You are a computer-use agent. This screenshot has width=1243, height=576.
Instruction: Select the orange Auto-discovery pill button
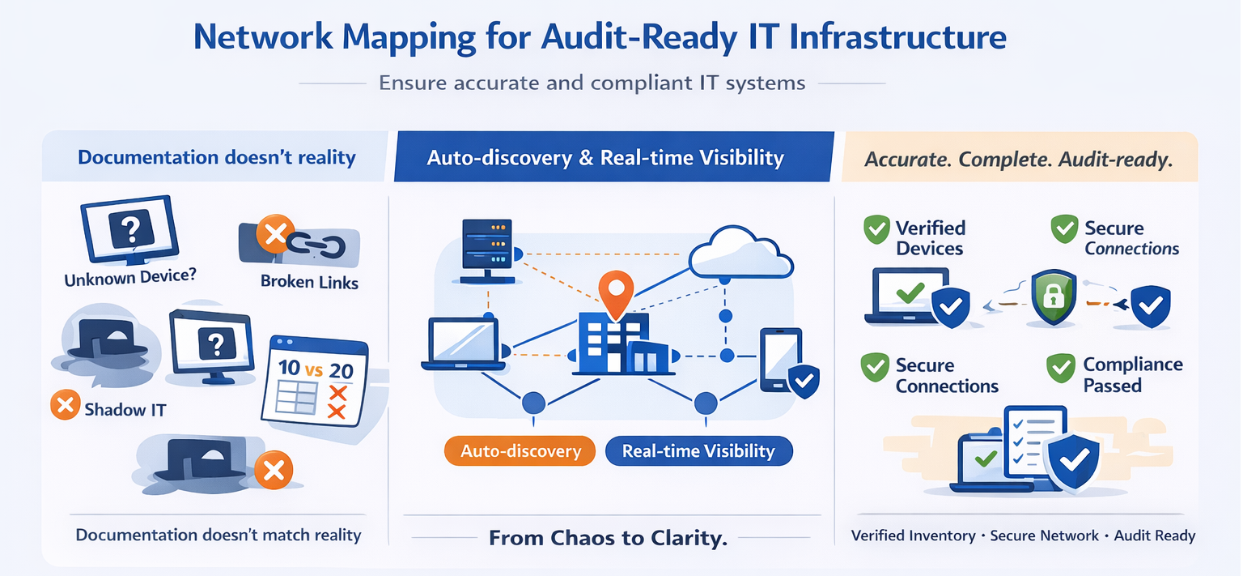[520, 450]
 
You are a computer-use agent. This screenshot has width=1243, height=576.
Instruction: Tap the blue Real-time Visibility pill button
[698, 450]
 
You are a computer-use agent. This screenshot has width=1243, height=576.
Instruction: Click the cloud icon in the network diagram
[740, 253]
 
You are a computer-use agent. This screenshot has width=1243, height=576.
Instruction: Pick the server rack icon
[486, 250]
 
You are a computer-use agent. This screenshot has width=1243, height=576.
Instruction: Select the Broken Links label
[309, 282]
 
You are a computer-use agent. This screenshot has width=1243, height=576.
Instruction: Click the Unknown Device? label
[129, 278]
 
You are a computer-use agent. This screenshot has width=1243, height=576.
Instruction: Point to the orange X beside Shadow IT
[64, 405]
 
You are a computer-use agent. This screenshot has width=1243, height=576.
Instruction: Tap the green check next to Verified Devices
[876, 230]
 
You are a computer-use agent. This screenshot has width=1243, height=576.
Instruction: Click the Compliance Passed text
[1132, 375]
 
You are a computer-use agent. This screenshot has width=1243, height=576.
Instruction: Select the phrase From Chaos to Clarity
[608, 538]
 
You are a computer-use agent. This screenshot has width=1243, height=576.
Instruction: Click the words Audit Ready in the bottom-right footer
[1155, 535]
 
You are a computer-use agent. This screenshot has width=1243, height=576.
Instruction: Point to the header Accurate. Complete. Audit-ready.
[1018, 160]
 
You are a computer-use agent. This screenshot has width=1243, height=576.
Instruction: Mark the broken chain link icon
[316, 243]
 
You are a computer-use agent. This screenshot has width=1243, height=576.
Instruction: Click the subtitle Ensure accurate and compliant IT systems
[592, 83]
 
